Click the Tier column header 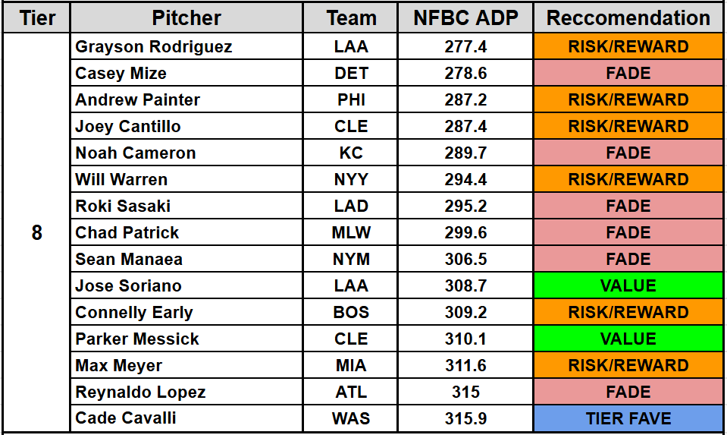point(36,18)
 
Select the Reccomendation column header point(628,18)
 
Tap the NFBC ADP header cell point(465,18)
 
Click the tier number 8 point(36,233)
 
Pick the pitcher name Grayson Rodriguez point(154,47)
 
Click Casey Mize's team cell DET point(351,74)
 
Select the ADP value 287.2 point(465,100)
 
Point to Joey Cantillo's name point(128,127)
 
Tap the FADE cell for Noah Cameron point(628,153)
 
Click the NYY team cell point(351,180)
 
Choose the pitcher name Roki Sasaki point(123,206)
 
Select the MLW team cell point(351,233)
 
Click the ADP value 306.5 point(465,260)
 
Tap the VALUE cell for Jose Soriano point(628,286)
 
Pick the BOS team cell point(351,313)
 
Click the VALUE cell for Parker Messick point(628,339)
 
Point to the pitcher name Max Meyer point(119,366)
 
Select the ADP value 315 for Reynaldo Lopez point(465,392)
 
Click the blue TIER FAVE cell point(628,419)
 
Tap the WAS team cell point(351,419)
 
